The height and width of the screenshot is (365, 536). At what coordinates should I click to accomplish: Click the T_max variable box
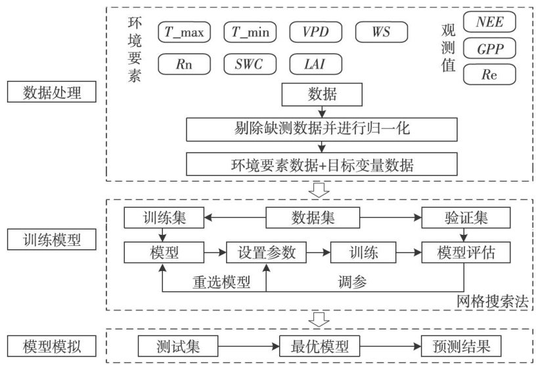184,32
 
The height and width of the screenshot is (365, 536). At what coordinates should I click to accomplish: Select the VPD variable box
315,32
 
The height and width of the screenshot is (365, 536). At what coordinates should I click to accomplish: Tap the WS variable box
381,32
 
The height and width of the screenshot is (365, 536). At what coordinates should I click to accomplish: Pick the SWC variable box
250,64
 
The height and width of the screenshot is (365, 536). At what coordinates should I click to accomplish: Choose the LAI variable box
315,64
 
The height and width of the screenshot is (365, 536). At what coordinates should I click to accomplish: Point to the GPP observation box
489,49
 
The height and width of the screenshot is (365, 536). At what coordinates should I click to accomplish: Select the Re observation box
489,74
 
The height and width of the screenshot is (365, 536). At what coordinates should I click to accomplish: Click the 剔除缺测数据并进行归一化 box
321,129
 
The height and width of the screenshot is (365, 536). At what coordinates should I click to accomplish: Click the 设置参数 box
266,251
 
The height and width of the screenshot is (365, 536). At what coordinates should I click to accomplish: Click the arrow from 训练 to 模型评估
409,251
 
